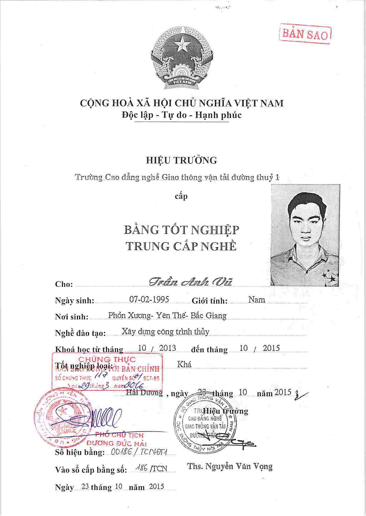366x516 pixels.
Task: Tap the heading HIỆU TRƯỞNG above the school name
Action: (x=182, y=160)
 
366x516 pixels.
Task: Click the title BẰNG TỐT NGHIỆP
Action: (x=182, y=230)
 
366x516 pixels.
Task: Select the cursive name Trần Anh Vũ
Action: (x=190, y=282)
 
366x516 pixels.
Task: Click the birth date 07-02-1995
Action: (x=149, y=299)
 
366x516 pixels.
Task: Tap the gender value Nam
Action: (x=257, y=300)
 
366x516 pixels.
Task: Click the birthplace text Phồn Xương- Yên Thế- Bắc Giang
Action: (x=167, y=316)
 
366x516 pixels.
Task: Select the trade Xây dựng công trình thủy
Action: (x=165, y=332)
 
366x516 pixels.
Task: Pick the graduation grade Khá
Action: (x=184, y=364)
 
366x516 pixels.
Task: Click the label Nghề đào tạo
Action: (x=80, y=333)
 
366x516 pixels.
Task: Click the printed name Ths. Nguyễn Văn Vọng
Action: (x=230, y=466)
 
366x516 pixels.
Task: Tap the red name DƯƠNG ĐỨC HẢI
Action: (x=117, y=443)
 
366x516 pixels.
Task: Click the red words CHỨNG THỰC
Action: (x=107, y=359)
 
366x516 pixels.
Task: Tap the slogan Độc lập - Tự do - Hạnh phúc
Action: (x=182, y=115)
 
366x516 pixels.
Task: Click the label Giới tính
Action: (x=209, y=301)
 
